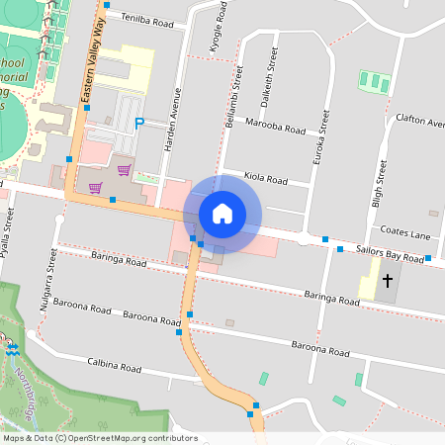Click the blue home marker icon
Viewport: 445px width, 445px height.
222,213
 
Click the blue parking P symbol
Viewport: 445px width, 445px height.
138,123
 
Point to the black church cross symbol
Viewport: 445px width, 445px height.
387,281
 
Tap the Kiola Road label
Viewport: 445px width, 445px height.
266,180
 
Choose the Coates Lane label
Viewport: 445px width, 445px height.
406,234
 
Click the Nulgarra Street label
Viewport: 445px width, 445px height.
48,280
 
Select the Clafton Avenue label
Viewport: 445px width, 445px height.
419,121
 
